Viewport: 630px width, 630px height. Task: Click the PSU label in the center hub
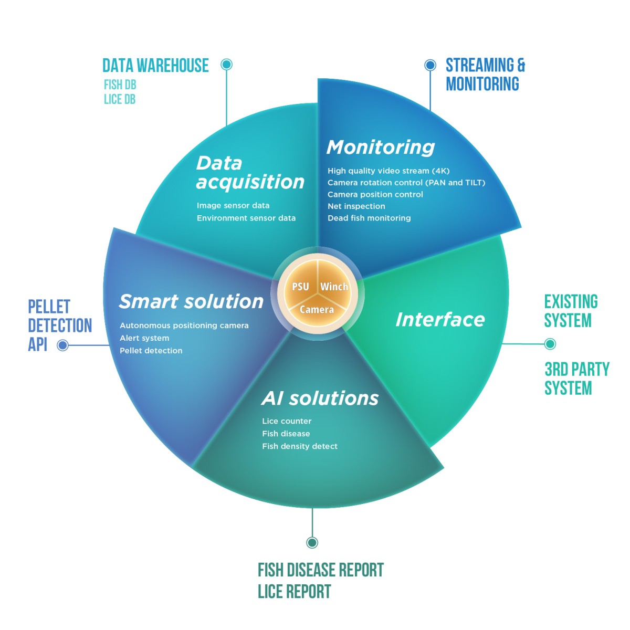point(300,287)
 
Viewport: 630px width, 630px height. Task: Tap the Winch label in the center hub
point(334,287)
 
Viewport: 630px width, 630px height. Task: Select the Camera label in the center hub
point(317,310)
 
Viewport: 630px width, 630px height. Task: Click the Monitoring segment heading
point(381,148)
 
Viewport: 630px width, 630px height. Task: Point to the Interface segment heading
point(440,319)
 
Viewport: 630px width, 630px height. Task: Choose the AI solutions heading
point(320,398)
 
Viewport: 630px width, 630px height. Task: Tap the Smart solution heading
point(191,301)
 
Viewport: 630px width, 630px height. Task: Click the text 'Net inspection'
point(356,206)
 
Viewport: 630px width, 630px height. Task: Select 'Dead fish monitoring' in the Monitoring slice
point(369,218)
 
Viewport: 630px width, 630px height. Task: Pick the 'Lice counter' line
point(287,421)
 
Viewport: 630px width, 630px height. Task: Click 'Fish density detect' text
point(300,446)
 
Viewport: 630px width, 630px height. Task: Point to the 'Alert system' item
point(144,338)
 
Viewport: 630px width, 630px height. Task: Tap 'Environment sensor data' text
point(246,218)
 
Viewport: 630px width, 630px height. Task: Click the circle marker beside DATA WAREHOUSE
point(227,65)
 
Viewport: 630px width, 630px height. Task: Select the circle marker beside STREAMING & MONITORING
point(430,65)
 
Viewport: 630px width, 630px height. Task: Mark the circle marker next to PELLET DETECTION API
point(63,345)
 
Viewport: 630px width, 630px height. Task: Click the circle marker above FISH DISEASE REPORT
point(312,542)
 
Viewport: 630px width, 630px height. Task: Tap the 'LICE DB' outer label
point(120,99)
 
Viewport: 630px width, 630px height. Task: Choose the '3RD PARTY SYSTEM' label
point(576,379)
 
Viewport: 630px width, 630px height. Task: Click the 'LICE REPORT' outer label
point(294,592)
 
